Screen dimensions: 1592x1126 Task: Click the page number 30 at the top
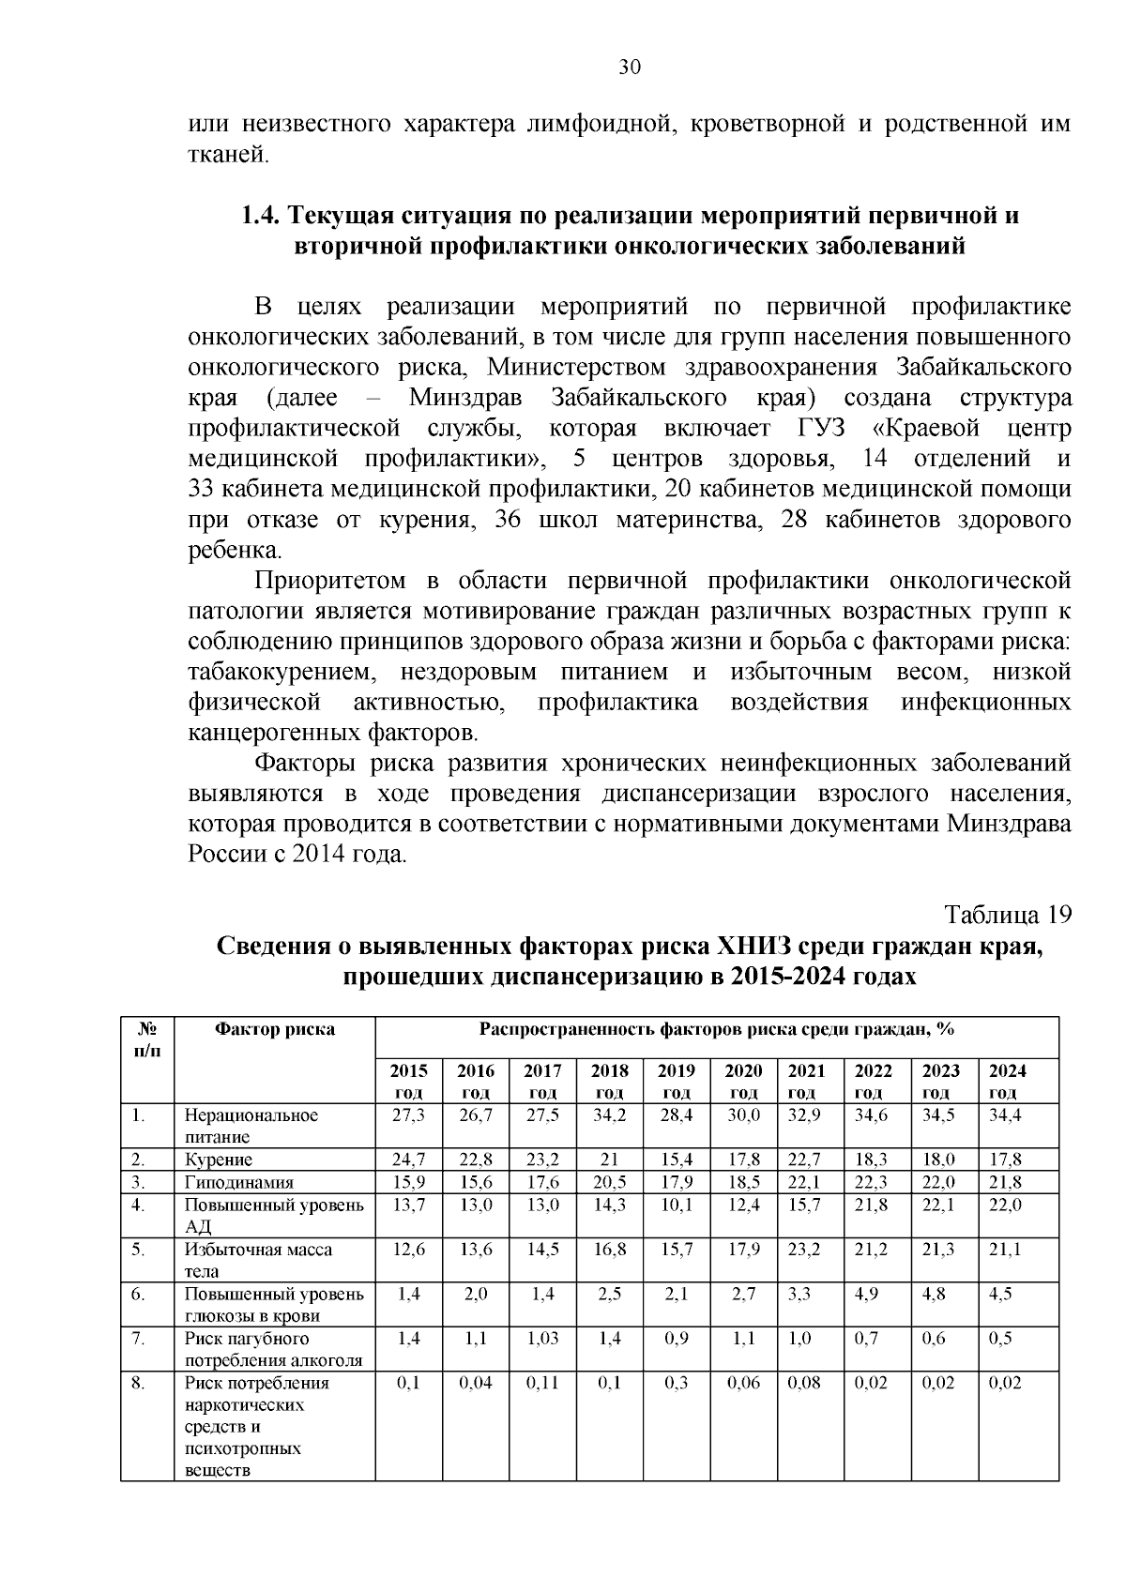click(x=630, y=67)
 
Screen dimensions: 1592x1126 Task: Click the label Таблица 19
click(x=1007, y=915)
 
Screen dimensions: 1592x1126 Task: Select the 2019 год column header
click(x=676, y=1081)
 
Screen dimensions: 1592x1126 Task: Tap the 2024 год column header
click(x=1008, y=1081)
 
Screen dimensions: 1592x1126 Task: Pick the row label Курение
click(x=219, y=1160)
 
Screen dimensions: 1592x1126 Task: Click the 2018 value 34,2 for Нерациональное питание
click(x=609, y=1115)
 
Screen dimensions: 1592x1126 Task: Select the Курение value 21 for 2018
click(x=609, y=1160)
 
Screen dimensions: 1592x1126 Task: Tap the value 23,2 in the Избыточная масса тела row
click(x=804, y=1249)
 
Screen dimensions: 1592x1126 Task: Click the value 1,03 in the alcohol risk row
click(x=542, y=1338)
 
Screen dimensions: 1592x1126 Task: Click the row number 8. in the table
click(x=138, y=1383)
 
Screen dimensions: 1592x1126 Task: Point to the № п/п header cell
click(x=147, y=1039)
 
